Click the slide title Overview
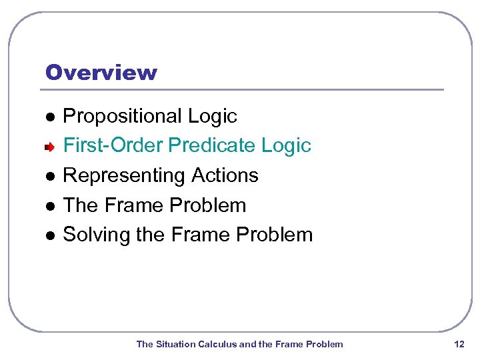(101, 72)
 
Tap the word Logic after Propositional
(213, 117)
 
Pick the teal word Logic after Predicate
(287, 145)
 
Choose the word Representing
(124, 176)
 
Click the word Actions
(225, 175)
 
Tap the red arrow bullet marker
(49, 146)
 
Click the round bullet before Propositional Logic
(49, 117)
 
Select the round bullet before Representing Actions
(49, 176)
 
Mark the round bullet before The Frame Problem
(49, 205)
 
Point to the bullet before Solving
(49, 235)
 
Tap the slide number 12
(459, 344)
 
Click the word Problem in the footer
(325, 344)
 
